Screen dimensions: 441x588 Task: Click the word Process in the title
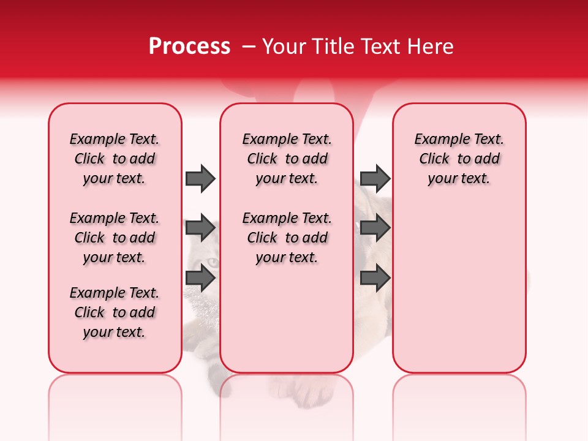coord(189,47)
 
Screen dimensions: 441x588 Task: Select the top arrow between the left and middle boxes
coord(200,178)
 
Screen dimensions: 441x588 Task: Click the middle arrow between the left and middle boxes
coord(200,228)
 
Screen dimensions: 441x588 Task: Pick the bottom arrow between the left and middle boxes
coord(200,278)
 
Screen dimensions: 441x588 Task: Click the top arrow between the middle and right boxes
coord(375,178)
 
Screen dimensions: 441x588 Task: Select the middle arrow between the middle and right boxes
coord(375,228)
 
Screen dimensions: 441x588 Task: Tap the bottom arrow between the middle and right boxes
coord(375,278)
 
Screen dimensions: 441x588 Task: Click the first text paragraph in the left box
coord(115,159)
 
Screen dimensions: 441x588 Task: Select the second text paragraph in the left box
coord(115,238)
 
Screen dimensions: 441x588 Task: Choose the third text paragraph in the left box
coord(115,312)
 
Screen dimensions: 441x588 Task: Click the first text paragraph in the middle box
coord(287,159)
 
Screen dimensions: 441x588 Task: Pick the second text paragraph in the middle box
coord(287,238)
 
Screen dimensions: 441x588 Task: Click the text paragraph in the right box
coord(459,159)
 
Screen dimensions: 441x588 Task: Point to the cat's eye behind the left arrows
coord(212,262)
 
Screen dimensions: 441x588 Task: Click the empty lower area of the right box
coord(459,294)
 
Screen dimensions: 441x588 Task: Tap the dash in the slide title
coord(249,47)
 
